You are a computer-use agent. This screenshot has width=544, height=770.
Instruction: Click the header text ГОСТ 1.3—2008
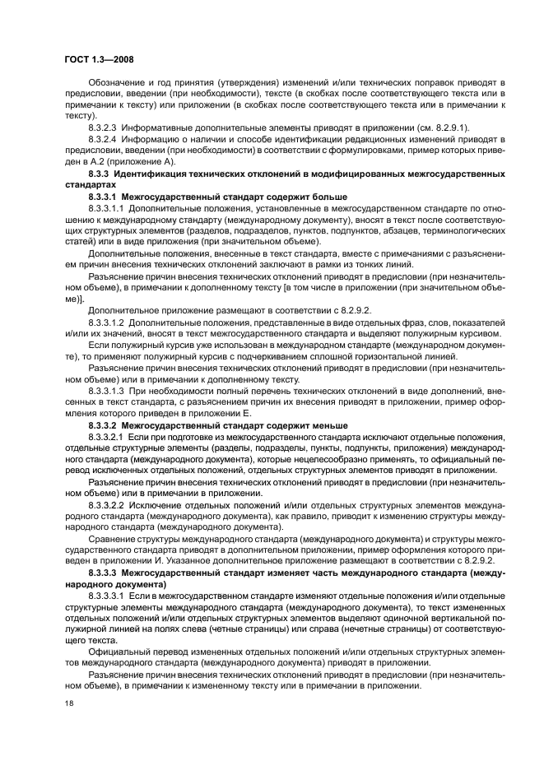pyautogui.click(x=99, y=59)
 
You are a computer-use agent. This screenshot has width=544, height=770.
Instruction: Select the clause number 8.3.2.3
pyautogui.click(x=103, y=128)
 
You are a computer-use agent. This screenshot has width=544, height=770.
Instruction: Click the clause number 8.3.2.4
pyautogui.click(x=103, y=139)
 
